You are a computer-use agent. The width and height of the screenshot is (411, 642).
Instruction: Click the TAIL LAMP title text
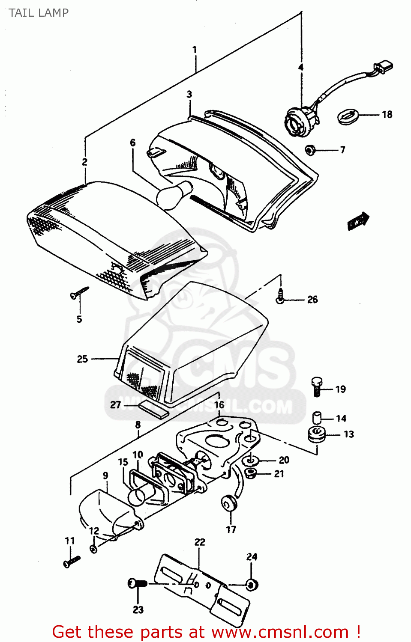pyautogui.click(x=39, y=13)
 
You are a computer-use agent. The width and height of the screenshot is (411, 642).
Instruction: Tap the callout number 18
pyautogui.click(x=387, y=114)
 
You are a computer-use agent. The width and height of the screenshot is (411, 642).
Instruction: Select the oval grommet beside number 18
pyautogui.click(x=347, y=116)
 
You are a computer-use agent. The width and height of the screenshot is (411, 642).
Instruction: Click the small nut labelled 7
pyautogui.click(x=310, y=150)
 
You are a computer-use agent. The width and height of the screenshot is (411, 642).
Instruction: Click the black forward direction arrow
pyautogui.click(x=358, y=221)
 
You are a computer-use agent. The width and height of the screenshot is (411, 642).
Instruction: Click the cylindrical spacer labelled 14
pyautogui.click(x=317, y=417)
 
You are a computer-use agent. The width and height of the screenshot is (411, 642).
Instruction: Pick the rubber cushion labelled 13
pyautogui.click(x=317, y=435)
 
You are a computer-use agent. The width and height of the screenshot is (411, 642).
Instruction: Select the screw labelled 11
pyautogui.click(x=71, y=561)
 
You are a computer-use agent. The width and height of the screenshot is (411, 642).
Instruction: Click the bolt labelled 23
pyautogui.click(x=137, y=583)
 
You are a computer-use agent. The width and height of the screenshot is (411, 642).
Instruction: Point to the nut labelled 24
pyautogui.click(x=252, y=584)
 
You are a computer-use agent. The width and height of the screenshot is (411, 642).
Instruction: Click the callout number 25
pyautogui.click(x=82, y=359)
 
